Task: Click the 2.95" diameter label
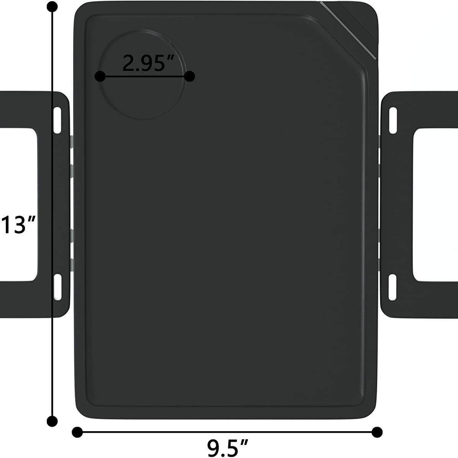[148, 63]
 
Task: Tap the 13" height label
[18, 225]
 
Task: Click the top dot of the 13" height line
[52, 7]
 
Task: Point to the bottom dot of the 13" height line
[52, 421]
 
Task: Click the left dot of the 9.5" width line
[77, 432]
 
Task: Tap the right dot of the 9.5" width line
[377, 432]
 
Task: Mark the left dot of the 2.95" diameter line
[100, 77]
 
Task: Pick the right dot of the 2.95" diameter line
[190, 77]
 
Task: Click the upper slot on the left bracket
[57, 120]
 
